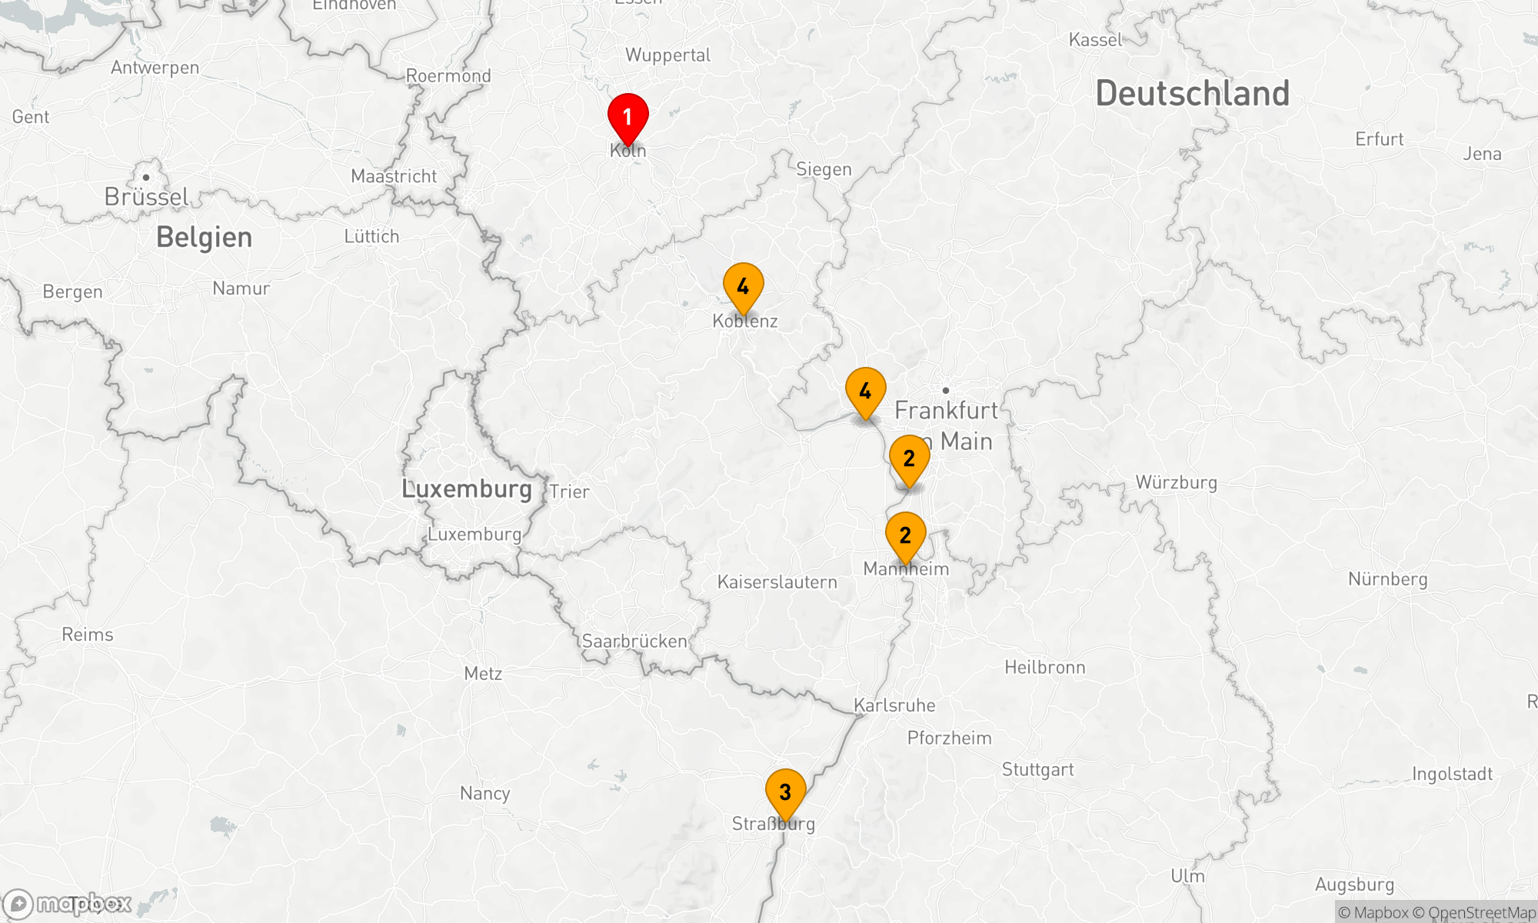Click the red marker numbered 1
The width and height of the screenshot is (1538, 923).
(x=628, y=117)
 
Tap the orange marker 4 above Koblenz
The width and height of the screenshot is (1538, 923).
(x=743, y=287)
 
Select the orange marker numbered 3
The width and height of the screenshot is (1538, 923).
(x=785, y=792)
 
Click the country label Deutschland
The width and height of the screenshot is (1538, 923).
(x=1192, y=94)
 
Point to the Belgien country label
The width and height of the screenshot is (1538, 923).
(x=204, y=238)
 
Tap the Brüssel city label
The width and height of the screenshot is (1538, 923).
(x=146, y=197)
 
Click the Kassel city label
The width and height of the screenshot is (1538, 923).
(x=1096, y=40)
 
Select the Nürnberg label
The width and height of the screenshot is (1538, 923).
(x=1387, y=579)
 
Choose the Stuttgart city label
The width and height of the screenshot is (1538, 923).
(x=1037, y=770)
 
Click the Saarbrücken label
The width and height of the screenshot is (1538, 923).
(x=634, y=641)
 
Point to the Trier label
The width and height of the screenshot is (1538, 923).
(x=569, y=492)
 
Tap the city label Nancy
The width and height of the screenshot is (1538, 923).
(x=484, y=794)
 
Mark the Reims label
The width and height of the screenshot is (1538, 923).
(x=88, y=635)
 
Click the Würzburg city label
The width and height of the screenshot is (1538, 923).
(x=1176, y=483)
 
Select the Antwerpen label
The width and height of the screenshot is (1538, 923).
(x=155, y=68)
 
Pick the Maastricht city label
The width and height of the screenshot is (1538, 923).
(x=394, y=177)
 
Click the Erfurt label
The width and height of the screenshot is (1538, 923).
(x=1379, y=140)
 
